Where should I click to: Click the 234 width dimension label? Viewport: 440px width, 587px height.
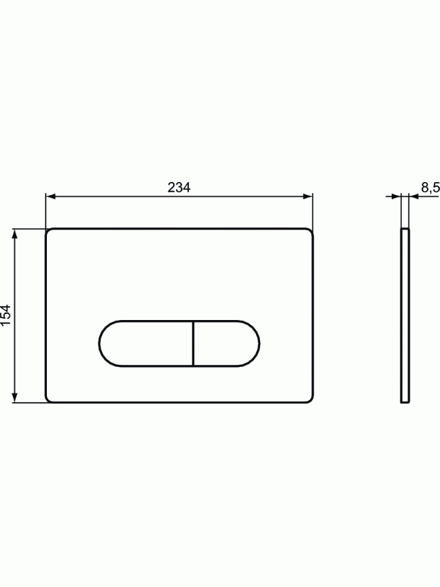pos(179,188)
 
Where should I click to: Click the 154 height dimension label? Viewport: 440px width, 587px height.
pos(6,315)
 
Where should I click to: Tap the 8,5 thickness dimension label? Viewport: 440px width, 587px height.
pos(430,188)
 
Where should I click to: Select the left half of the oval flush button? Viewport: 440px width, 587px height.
pos(146,343)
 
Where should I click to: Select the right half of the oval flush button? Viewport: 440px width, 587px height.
pos(226,343)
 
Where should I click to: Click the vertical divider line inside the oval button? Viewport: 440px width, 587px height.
pos(193,343)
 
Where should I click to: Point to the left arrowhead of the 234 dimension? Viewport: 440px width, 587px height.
pos(50,196)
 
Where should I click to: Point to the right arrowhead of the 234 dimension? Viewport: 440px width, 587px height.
pos(308,196)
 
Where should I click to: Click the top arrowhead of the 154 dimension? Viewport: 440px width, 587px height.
pos(14,234)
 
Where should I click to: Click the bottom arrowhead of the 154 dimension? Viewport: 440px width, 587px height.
pos(14,397)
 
